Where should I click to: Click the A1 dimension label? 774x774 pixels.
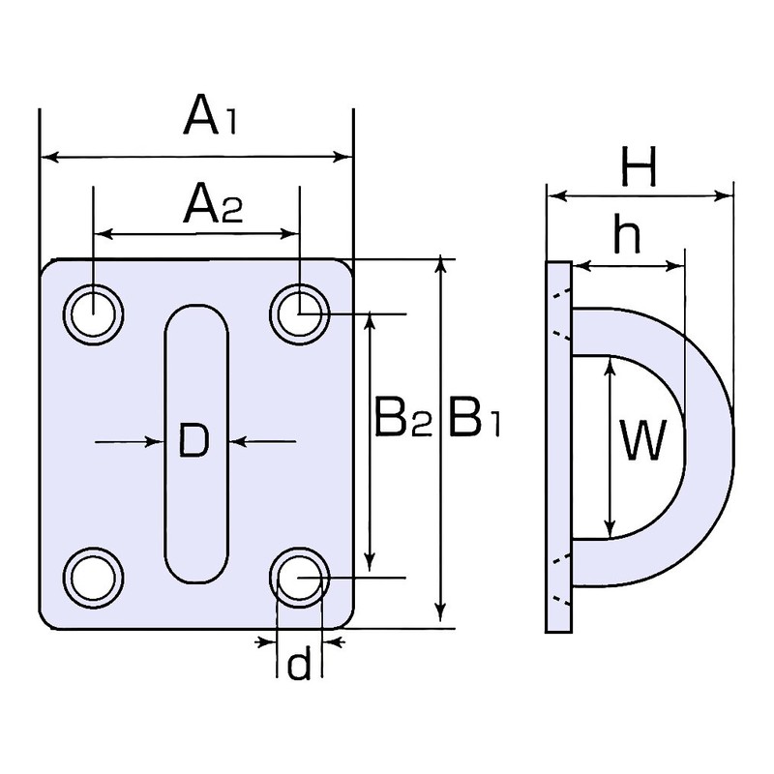click(x=210, y=118)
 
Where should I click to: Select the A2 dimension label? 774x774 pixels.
click(x=213, y=203)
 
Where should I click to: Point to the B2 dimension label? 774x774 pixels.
click(x=403, y=419)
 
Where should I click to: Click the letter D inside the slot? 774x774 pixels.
click(x=194, y=441)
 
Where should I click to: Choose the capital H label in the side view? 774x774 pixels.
click(x=639, y=166)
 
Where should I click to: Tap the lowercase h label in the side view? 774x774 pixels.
click(x=627, y=234)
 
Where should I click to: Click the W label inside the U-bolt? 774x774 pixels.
click(x=642, y=440)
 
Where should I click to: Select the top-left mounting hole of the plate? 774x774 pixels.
click(x=93, y=313)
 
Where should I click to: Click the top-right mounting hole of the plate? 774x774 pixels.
click(x=299, y=313)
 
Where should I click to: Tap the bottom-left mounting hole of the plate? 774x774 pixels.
click(x=93, y=577)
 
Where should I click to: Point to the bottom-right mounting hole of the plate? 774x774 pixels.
click(x=299, y=577)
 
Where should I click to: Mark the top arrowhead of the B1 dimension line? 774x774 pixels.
click(x=442, y=265)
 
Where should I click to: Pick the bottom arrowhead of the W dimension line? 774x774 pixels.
click(x=611, y=529)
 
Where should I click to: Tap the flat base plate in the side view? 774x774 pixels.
click(x=559, y=447)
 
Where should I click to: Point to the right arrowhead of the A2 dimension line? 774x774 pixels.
click(x=290, y=233)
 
